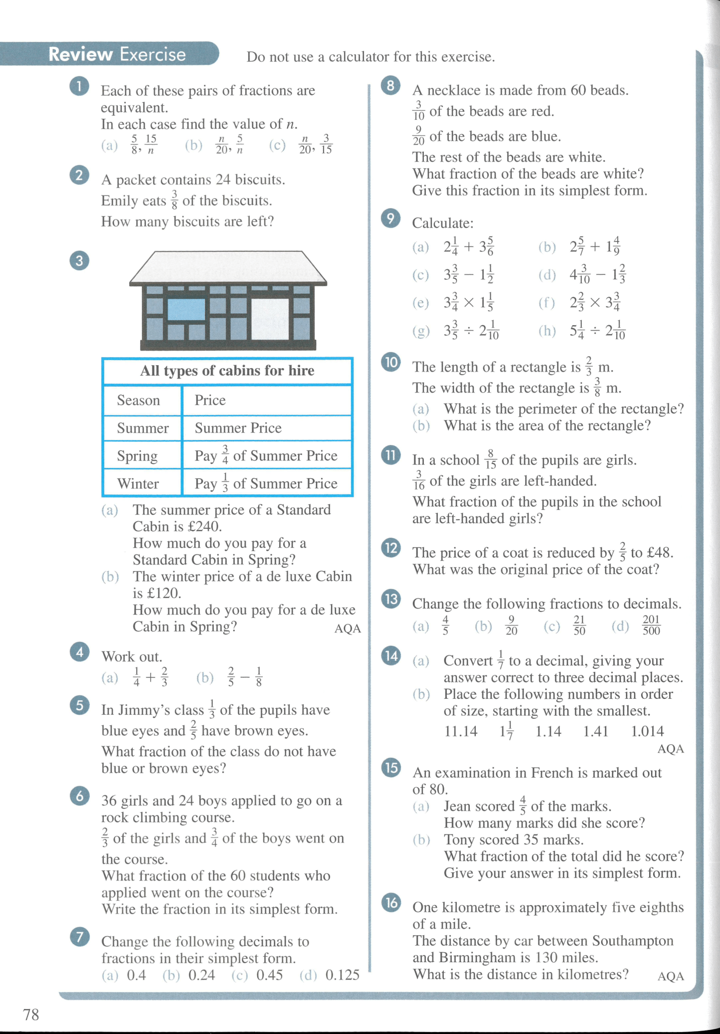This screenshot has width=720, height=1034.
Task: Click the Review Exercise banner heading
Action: [117, 54]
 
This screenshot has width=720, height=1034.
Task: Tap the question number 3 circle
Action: [79, 260]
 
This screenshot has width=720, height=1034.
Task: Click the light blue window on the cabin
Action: [186, 309]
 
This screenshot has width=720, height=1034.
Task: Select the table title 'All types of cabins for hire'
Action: [227, 371]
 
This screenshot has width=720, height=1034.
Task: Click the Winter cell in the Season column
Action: [138, 483]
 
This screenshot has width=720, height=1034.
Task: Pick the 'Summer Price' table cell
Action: [238, 428]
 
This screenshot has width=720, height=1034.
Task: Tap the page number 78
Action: [31, 1014]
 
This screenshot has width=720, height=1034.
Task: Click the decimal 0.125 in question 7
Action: [342, 975]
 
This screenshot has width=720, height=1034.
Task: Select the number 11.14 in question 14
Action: [460, 731]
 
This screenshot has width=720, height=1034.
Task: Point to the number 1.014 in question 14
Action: [647, 731]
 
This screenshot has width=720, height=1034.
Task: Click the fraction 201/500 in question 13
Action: [651, 625]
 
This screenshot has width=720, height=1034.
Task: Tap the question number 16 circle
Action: [391, 902]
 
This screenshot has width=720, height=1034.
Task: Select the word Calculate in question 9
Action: [442, 223]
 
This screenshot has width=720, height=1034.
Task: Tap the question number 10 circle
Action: [391, 362]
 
